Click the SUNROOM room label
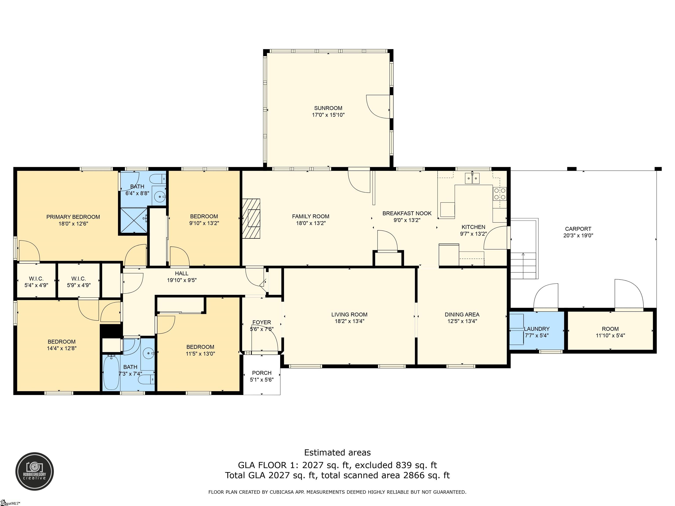point(328,108)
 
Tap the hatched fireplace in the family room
point(251,218)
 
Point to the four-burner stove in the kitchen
point(499,194)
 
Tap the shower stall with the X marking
point(134,220)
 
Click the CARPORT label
point(578,229)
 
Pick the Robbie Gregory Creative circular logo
point(35,471)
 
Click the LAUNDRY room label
point(537,329)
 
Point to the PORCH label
point(261,373)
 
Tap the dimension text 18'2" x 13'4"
point(349,321)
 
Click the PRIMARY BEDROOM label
point(73,217)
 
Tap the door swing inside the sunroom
point(378,107)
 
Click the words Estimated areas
point(337,453)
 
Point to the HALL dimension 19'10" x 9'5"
point(182,280)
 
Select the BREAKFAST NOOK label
point(407,213)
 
